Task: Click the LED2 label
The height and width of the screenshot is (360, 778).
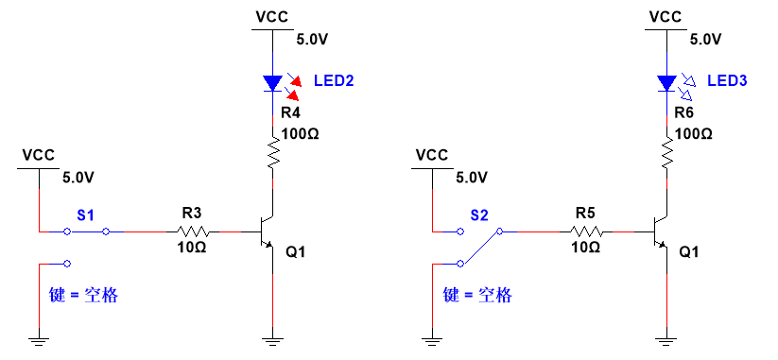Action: [334, 82]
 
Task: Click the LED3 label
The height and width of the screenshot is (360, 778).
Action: [727, 82]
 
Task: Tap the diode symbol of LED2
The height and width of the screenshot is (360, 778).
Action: [273, 83]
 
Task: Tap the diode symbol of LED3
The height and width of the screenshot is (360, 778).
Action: [667, 83]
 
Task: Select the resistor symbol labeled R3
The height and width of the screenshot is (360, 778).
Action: [193, 231]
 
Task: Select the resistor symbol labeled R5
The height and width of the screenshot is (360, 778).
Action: [587, 231]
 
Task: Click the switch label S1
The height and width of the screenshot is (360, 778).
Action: [85, 215]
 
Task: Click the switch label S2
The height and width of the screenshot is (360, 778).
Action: [479, 215]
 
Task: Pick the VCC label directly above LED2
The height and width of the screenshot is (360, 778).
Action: [272, 16]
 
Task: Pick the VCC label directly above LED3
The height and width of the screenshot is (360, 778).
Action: [666, 16]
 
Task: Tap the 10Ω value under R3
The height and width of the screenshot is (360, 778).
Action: [193, 248]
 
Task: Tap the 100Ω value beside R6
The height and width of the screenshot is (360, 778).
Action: [693, 133]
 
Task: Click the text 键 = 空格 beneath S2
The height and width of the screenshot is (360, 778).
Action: [477, 295]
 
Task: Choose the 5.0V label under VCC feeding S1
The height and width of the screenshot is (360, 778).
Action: [78, 177]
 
